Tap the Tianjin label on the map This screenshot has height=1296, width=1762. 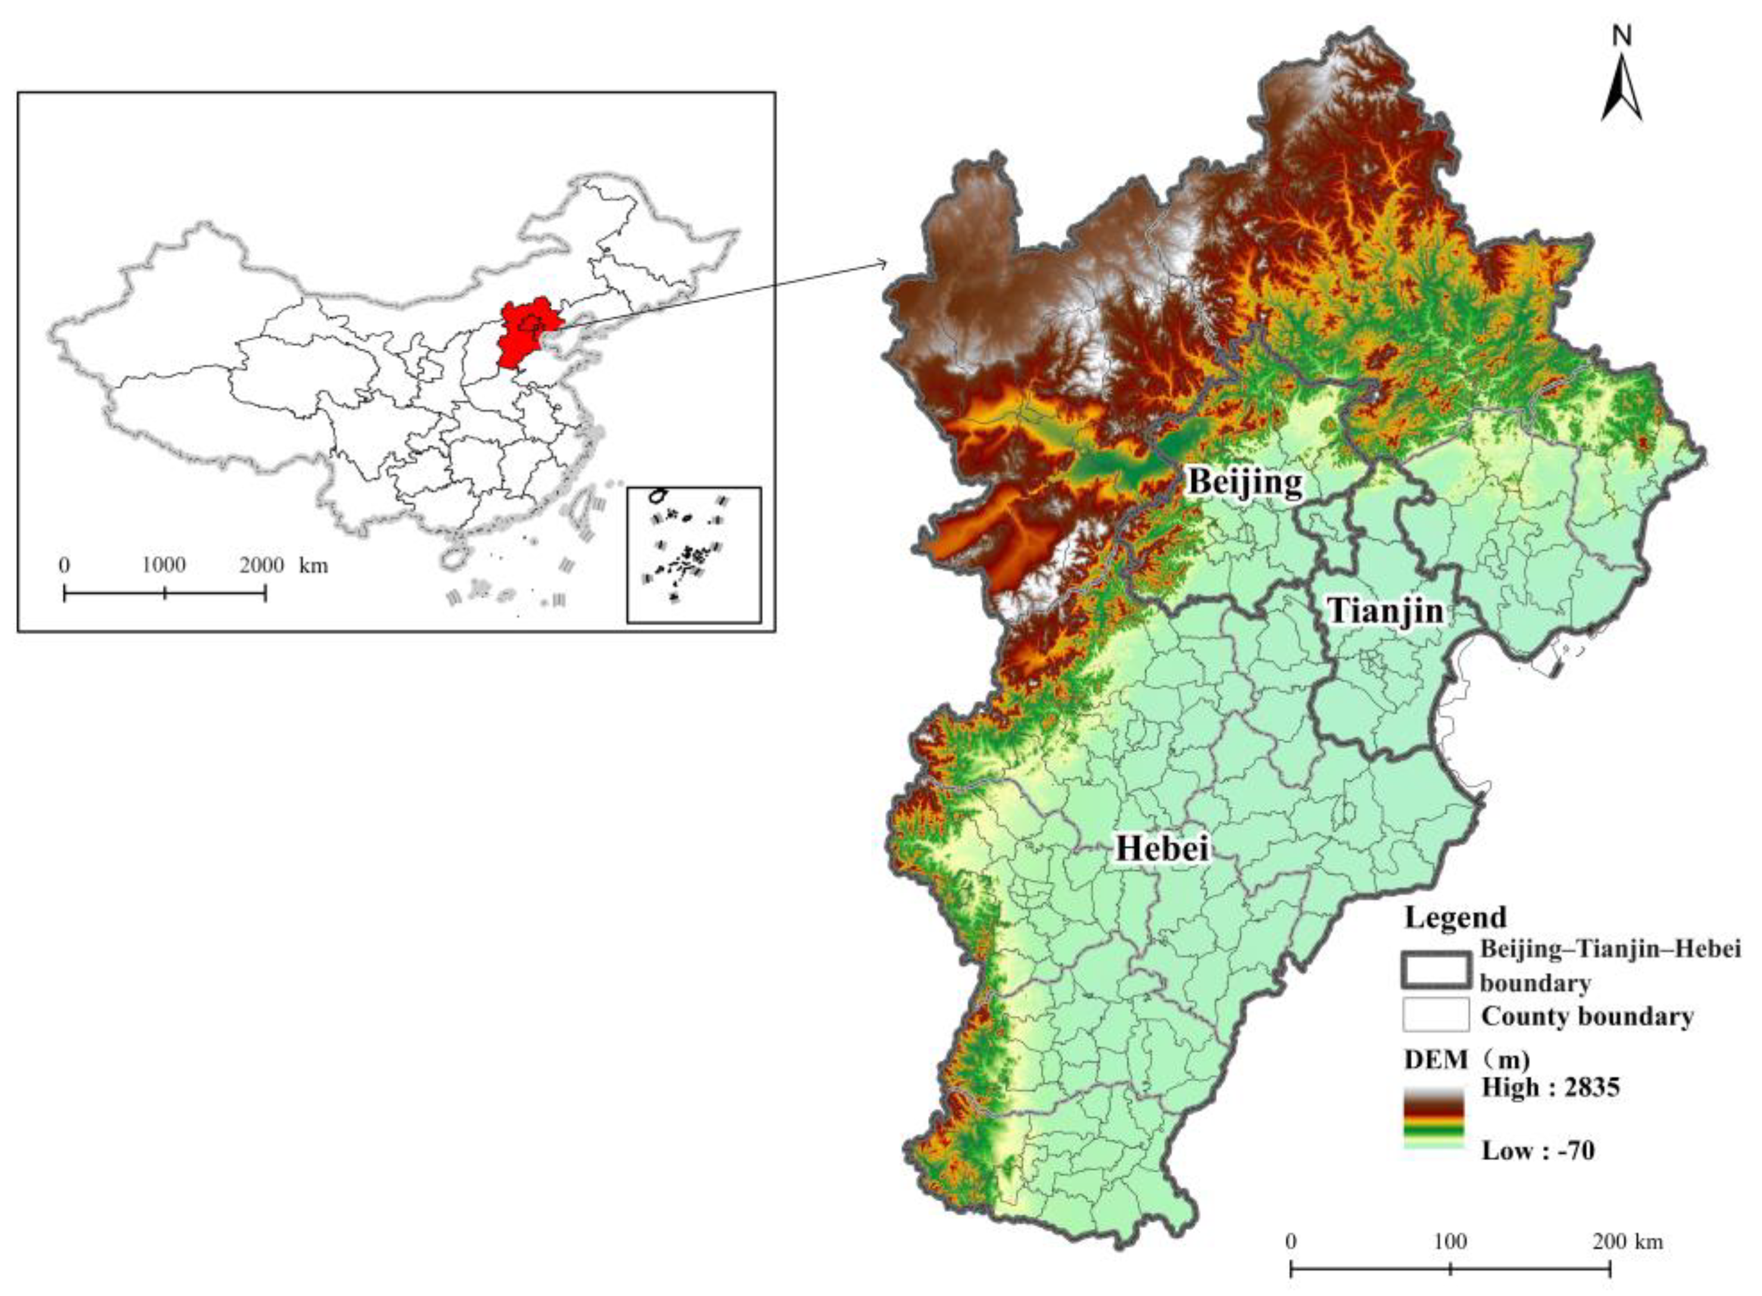coord(1386,610)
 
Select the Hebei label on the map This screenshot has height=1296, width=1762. coord(1162,848)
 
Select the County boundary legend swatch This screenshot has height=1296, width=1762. coord(1436,1014)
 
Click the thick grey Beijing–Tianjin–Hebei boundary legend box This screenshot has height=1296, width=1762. coord(1435,969)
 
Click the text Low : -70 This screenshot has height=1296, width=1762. coord(1537,1151)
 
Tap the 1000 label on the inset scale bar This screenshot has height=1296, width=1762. coord(163,565)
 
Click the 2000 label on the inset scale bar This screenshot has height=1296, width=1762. coord(262,565)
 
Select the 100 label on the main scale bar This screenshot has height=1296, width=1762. coord(1450,1242)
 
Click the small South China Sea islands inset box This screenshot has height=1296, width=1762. coord(693,554)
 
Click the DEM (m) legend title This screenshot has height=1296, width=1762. coord(1466,1060)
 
